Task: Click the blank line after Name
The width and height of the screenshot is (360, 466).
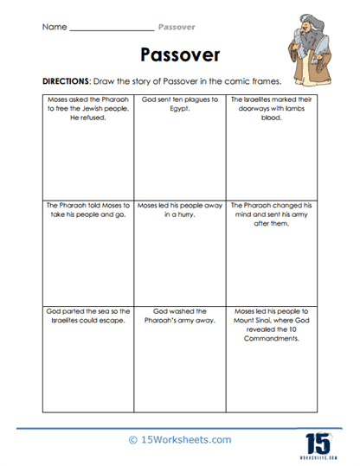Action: [110, 29]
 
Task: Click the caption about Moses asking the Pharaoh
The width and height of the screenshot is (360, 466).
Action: [83, 107]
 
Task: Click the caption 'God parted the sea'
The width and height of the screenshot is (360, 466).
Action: [83, 313]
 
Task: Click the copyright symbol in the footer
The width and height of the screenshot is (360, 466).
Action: [132, 440]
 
